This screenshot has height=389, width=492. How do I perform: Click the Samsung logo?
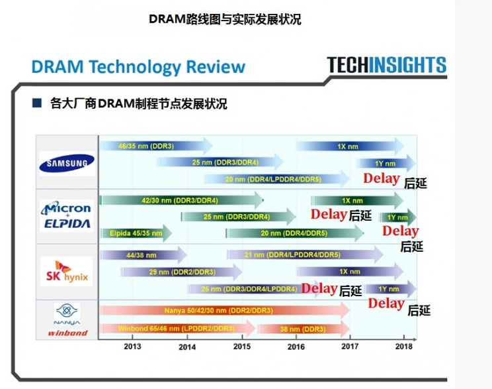[66, 161]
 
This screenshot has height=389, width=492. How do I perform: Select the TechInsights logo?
[386, 65]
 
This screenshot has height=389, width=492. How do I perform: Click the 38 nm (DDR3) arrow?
[298, 328]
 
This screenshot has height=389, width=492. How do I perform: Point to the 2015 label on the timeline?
[242, 346]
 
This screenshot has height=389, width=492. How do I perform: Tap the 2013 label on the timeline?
[132, 346]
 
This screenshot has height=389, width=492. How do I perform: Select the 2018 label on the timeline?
[404, 346]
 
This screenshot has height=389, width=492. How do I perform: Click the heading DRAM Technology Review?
[138, 67]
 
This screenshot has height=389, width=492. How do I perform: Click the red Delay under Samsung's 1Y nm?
[381, 178]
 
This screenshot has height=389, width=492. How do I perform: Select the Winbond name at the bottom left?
[67, 333]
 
